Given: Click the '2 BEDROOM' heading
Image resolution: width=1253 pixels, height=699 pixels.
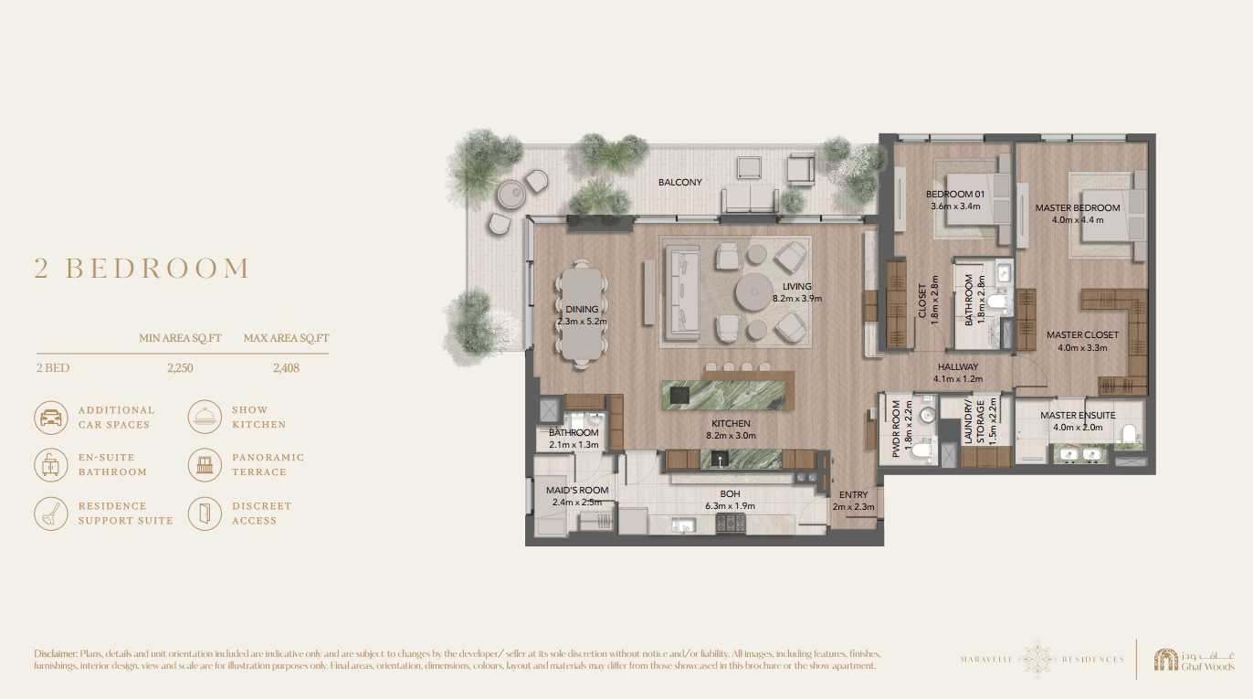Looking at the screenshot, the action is coord(142,269).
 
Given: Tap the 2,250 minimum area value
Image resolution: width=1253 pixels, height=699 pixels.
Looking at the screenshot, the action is coord(180,368).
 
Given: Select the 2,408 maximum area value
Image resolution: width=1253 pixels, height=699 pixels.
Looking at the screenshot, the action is coord(286,368).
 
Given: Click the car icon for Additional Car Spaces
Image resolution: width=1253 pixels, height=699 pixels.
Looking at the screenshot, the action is coord(51,418).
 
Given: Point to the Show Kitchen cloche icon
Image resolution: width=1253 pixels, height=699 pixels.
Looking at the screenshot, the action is coord(205,417).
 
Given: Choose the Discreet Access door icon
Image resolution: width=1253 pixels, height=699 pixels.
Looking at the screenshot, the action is coord(205,514).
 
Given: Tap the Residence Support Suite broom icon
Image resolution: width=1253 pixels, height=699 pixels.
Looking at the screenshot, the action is coord(51,514).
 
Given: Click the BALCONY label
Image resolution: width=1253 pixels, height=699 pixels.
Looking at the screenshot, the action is coord(679,183).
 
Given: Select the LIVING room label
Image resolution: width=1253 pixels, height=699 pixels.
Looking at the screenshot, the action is coord(796,287).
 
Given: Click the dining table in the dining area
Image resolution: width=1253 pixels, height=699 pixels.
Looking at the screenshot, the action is coord(582,314).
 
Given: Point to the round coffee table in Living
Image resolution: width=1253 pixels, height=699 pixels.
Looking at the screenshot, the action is coord(753,292).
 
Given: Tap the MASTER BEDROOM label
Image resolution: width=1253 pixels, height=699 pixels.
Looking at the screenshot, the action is coord(1078,208).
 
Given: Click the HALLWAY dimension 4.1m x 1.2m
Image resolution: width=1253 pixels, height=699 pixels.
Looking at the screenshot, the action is coord(958,379).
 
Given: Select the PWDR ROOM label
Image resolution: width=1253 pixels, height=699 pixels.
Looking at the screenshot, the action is coord(896,429).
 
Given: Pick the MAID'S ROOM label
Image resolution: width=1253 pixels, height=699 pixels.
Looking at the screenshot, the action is coord(576,491).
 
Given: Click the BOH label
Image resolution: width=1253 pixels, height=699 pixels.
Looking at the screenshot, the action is coord(730,494).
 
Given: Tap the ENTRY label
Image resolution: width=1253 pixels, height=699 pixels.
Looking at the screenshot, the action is coord(853,494).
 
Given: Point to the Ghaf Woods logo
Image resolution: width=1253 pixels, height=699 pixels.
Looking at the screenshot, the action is coord(1194,660).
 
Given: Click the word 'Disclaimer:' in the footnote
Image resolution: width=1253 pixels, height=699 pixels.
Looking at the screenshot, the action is coord(56,653).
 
